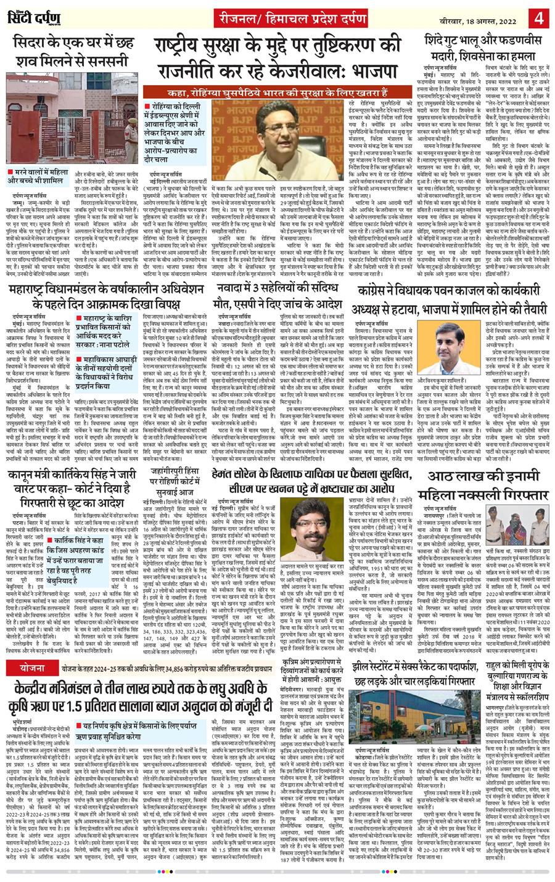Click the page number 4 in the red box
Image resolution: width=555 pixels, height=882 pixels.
(x=539, y=15)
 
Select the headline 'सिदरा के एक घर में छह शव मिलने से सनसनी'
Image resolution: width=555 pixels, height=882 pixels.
(x=73, y=53)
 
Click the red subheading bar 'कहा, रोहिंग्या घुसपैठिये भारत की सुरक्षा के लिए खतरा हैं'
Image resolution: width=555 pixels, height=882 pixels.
(x=274, y=92)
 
